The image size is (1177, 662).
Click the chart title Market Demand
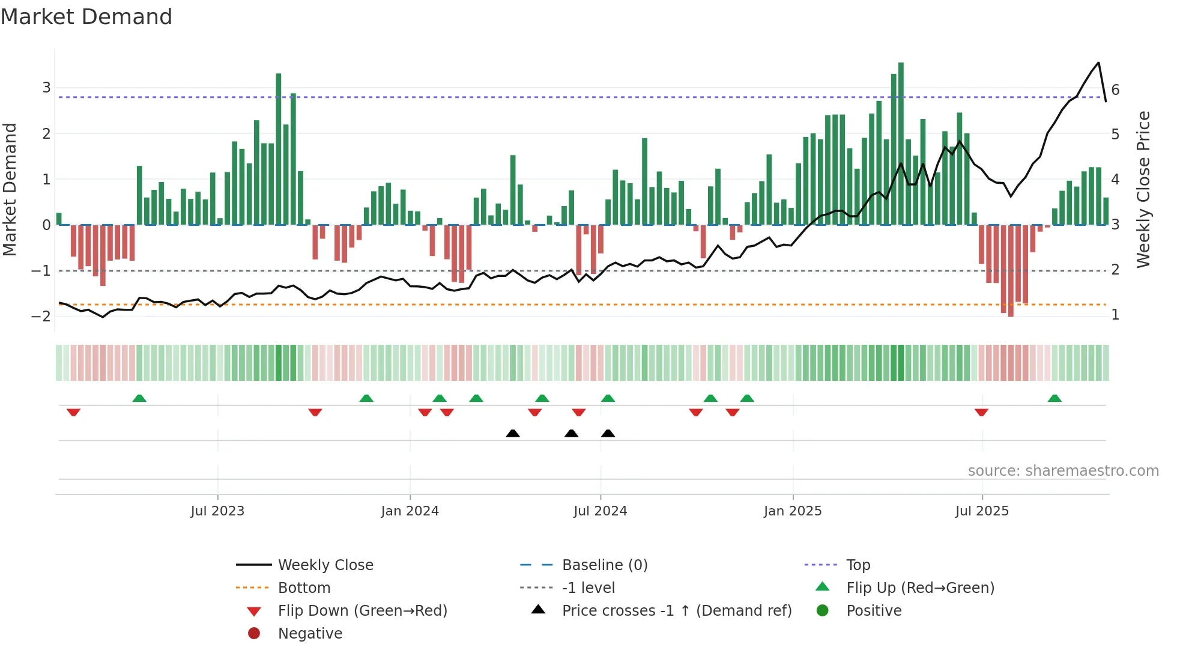[x=86, y=17]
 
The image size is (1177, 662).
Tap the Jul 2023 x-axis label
[x=217, y=511]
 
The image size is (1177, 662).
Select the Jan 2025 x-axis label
[x=793, y=511]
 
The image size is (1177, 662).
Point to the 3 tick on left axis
[x=46, y=88]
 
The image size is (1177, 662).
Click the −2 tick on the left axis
[x=42, y=317]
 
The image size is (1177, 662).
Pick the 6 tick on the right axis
[x=1115, y=90]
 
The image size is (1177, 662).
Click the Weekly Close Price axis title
[x=1143, y=189]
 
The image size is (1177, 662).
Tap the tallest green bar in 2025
[x=901, y=144]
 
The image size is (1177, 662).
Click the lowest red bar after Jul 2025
[x=1011, y=270]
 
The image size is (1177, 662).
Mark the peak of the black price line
[x=1098, y=63]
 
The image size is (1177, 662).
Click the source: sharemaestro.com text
[x=1063, y=471]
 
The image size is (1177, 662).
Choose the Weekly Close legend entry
[x=325, y=565]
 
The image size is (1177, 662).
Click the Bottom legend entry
[x=304, y=588]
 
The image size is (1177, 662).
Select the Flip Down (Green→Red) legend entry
[x=362, y=611]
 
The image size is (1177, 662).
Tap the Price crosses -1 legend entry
[x=676, y=611]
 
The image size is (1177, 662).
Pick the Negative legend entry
[x=310, y=634]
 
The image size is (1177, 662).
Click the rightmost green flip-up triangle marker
[x=1054, y=398]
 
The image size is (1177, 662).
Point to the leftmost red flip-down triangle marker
[x=73, y=412]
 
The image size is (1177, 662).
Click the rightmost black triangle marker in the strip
[x=608, y=433]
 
